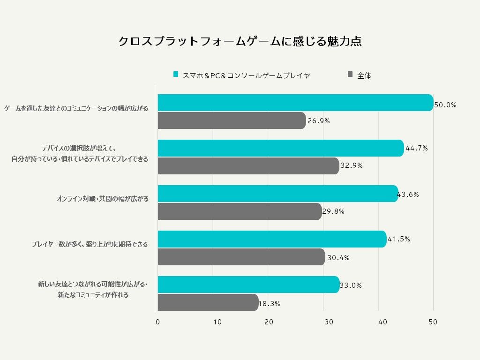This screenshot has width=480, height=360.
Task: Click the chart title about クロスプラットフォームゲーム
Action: (240, 41)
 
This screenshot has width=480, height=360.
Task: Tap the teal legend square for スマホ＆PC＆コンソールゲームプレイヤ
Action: (176, 74)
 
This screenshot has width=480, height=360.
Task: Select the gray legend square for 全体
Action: (350, 74)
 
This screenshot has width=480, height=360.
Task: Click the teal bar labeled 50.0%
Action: (295, 103)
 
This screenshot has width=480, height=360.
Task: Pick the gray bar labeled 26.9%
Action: (232, 120)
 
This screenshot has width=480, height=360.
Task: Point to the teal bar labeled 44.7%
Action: (281, 148)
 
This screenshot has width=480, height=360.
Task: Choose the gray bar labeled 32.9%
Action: (248, 166)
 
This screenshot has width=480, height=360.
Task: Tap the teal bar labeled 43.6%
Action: (278, 194)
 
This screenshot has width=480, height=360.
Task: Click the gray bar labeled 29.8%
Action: (240, 211)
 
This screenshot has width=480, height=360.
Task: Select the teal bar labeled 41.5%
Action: (272, 239)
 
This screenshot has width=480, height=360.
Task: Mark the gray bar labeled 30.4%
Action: (241, 257)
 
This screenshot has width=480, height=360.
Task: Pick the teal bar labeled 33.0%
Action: (248, 285)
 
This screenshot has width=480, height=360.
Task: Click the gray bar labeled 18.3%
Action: (208, 302)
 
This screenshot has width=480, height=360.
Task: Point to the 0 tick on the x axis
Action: (157, 322)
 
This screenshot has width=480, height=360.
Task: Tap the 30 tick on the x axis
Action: (329, 322)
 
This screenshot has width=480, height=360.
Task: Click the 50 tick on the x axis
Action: (433, 322)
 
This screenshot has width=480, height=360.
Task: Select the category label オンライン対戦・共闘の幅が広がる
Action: (103, 199)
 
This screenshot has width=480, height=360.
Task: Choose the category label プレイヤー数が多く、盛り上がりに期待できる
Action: (90, 244)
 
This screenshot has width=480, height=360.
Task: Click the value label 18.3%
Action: (270, 303)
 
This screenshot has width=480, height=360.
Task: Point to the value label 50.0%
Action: (445, 105)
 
